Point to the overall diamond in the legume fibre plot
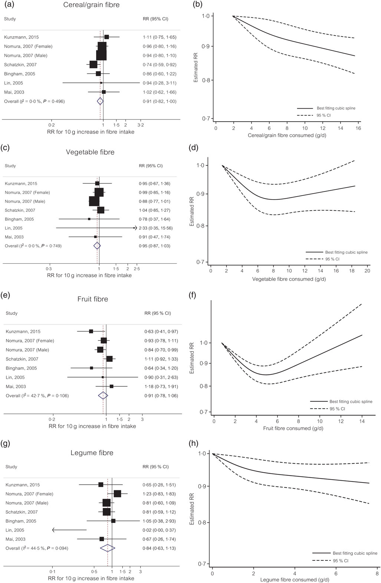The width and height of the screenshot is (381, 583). point(108,548)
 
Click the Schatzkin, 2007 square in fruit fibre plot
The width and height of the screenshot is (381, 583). point(109,359)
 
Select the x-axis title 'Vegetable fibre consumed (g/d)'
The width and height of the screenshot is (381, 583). point(288,279)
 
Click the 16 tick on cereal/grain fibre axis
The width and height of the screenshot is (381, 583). point(358,128)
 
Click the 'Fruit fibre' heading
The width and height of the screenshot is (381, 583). point(92,299)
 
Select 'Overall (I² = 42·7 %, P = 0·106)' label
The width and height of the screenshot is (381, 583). point(37,396)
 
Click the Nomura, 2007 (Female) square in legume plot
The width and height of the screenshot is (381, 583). point(117,494)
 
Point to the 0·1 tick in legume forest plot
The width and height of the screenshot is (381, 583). point(53,572)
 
